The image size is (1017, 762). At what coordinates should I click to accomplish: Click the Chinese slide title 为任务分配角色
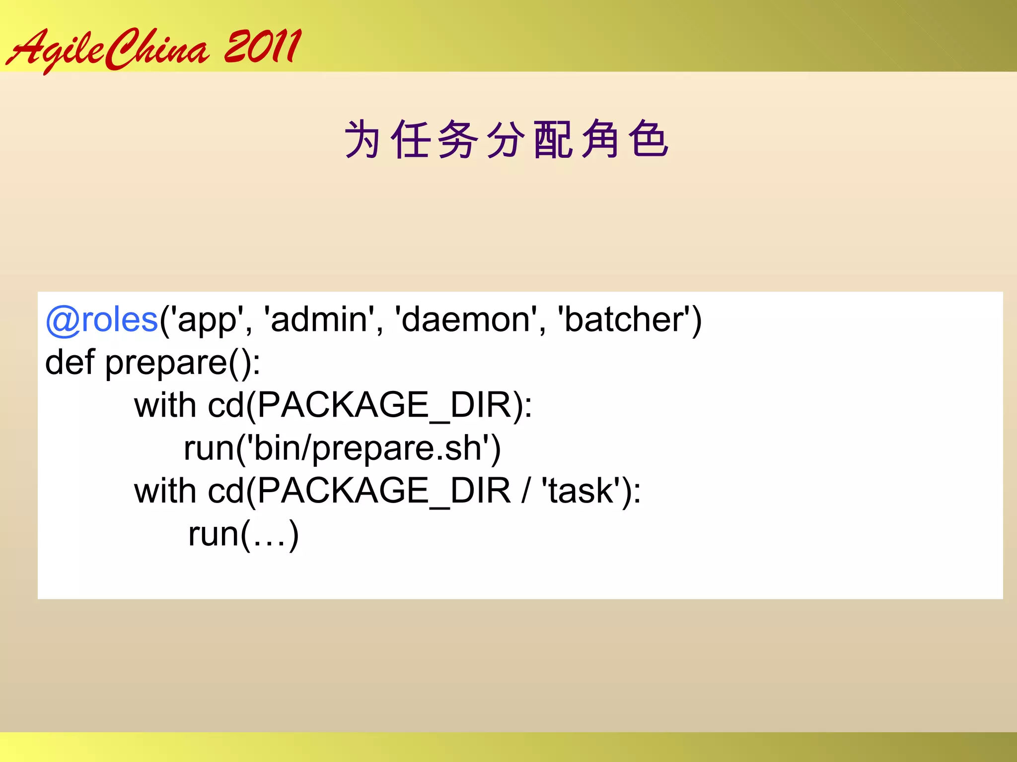tap(506, 139)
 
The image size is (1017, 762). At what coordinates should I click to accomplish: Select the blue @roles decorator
tap(102, 319)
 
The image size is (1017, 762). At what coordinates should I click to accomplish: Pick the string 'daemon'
tap(466, 319)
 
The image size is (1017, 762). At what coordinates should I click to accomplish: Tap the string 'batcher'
tap(624, 319)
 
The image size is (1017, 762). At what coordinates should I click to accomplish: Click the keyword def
tap(70, 362)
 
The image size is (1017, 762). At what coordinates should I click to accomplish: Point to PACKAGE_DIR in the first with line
tap(384, 406)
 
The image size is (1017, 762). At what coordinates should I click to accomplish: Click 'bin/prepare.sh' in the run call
tap(368, 448)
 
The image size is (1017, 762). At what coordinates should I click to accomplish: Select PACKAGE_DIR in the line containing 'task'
tap(384, 492)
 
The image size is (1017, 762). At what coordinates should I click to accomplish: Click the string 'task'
tap(581, 491)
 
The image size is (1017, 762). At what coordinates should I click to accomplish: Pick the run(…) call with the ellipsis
tap(243, 534)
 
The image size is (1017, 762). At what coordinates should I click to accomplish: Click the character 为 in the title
tap(362, 139)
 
